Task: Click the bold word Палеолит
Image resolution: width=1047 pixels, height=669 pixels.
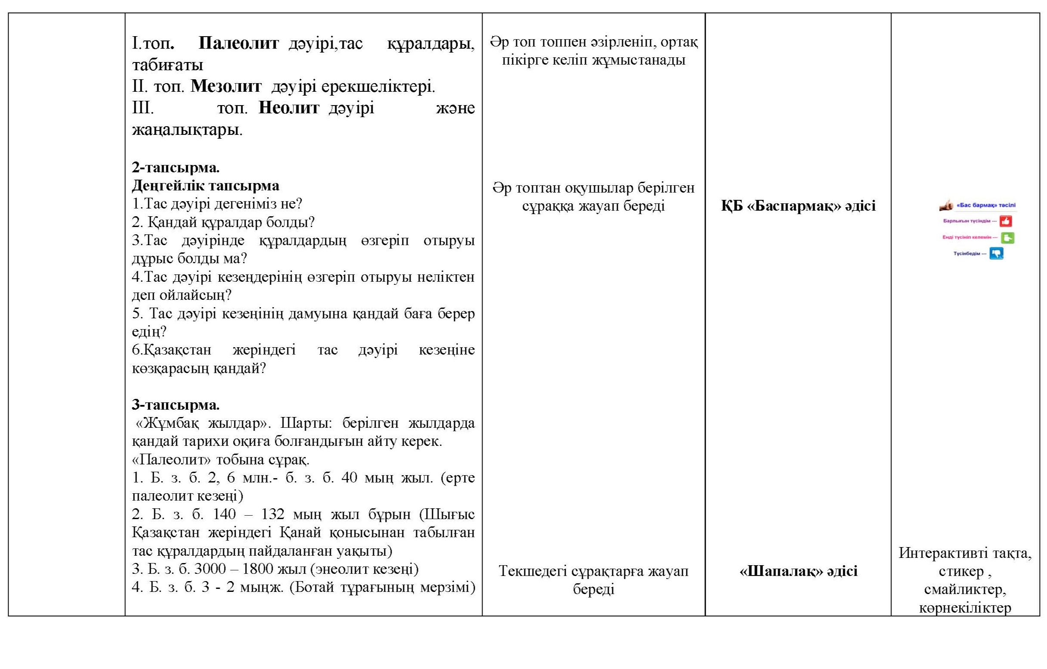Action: click(x=238, y=44)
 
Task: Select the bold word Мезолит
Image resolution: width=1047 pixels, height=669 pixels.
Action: click(x=226, y=87)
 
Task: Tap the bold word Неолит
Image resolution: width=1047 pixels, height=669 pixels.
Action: click(x=289, y=108)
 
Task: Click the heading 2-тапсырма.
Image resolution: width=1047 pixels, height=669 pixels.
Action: click(x=176, y=168)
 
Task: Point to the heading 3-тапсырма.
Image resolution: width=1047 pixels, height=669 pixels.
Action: click(x=176, y=405)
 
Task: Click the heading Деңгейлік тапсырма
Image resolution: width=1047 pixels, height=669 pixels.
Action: click(x=205, y=186)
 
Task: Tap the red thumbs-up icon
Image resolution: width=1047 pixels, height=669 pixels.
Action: click(x=1006, y=221)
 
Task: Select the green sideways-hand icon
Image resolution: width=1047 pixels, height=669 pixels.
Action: click(x=1007, y=238)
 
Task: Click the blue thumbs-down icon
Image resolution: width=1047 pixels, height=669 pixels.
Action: click(x=996, y=253)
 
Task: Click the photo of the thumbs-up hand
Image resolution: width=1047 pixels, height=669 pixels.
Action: click(x=947, y=205)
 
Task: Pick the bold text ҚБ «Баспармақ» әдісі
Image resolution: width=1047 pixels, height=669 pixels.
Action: click(x=798, y=205)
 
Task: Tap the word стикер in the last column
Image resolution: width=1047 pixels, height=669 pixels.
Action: click(x=960, y=571)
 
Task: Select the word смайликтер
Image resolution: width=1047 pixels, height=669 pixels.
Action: click(x=965, y=589)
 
